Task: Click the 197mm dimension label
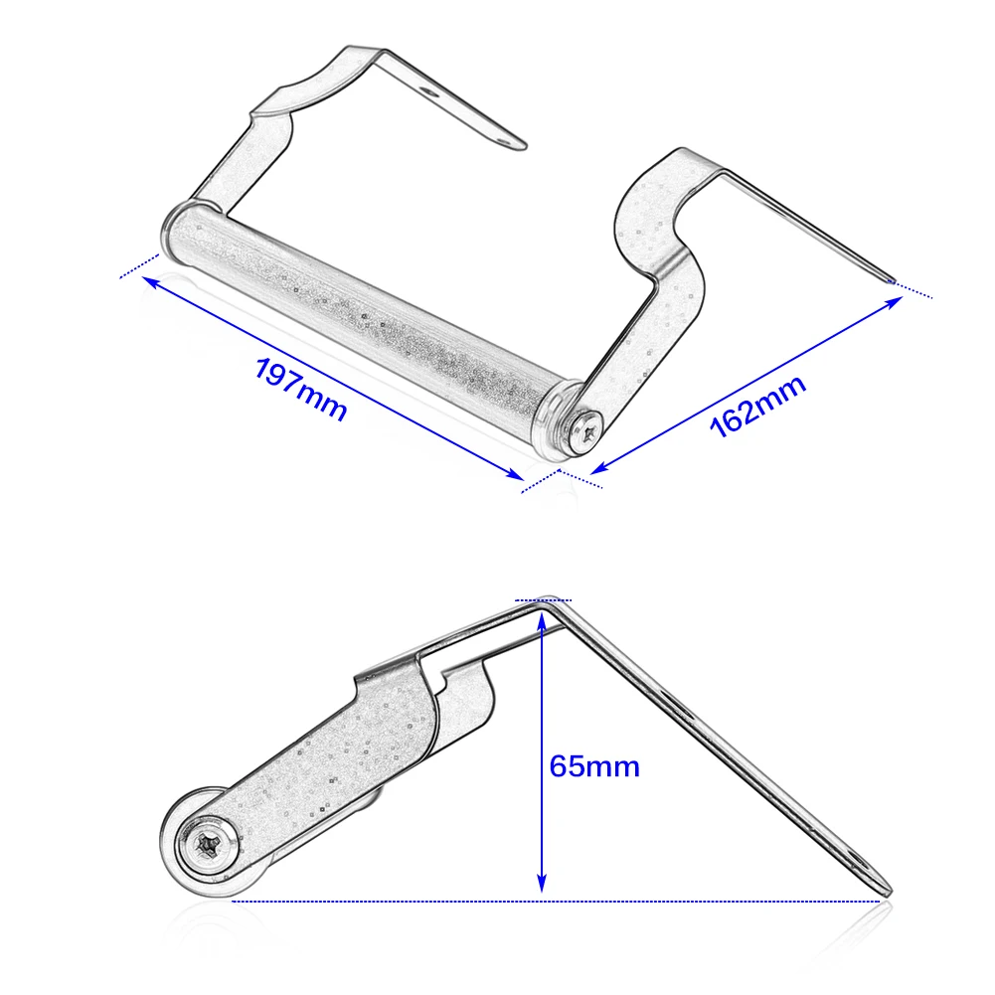tap(300, 390)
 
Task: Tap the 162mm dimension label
tap(757, 407)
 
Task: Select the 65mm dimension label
tap(594, 766)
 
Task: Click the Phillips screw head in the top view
tap(585, 432)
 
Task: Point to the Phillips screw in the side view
tap(208, 845)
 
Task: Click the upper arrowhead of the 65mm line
tap(542, 622)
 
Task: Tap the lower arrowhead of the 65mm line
tap(542, 883)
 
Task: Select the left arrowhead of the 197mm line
tap(150, 281)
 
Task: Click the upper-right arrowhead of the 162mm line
tap(893, 302)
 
